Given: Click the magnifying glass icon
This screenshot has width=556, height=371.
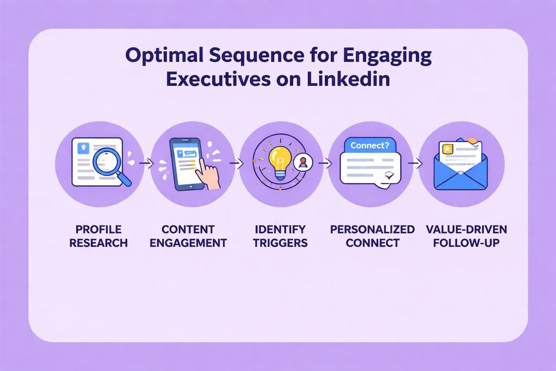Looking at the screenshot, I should [111, 165].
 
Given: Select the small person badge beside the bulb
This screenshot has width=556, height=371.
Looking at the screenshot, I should [304, 162].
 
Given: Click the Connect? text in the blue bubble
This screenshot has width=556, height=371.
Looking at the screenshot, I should [369, 145].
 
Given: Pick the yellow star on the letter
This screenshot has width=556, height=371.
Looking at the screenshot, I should [448, 148].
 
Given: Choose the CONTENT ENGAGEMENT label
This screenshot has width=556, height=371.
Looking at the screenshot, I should [188, 236].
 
